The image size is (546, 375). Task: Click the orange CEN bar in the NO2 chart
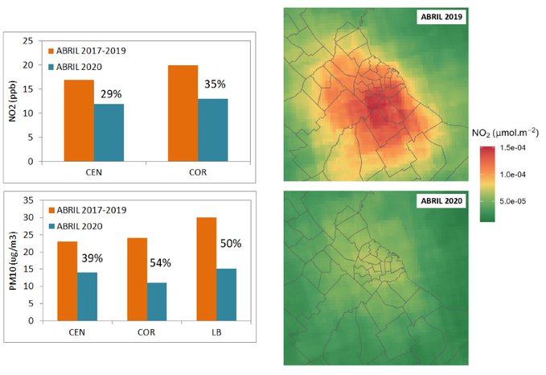click(x=79, y=120)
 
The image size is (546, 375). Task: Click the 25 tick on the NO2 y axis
click(x=28, y=40)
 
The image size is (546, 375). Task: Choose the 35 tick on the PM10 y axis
click(x=28, y=200)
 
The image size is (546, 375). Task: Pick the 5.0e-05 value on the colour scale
click(x=511, y=200)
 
